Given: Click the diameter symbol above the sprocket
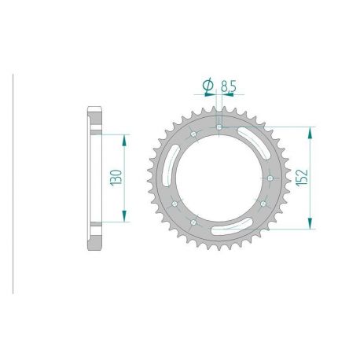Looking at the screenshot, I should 206,84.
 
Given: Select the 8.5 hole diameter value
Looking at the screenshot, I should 225,84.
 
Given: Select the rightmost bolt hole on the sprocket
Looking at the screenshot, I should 270,179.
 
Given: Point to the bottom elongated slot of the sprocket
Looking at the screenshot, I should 228,227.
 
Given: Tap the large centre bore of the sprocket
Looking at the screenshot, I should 219,179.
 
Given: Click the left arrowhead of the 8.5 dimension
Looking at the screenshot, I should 213,96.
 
